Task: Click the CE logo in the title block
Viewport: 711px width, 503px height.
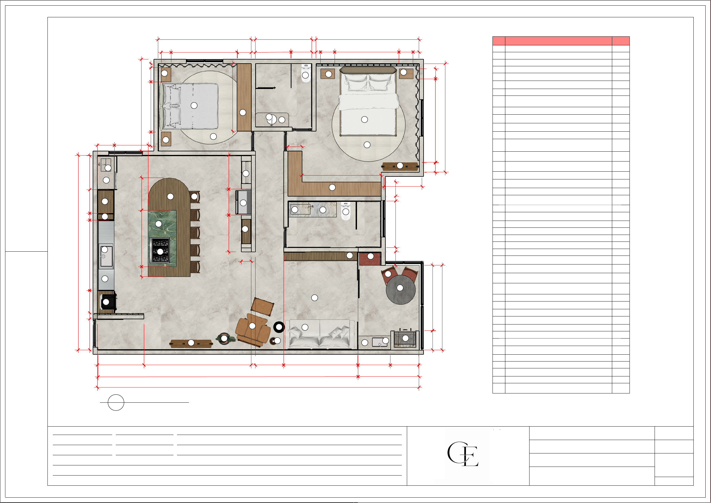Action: [463, 454]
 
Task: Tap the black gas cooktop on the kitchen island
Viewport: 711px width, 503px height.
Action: [160, 250]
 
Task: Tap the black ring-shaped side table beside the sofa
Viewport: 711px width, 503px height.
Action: [279, 327]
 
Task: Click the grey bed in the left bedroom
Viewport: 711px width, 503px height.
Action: [189, 106]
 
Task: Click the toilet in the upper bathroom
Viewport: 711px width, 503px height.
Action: [306, 73]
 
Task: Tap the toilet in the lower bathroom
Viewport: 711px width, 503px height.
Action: [346, 211]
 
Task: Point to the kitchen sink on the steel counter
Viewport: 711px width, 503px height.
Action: [106, 256]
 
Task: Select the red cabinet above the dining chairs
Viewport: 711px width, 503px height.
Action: [370, 259]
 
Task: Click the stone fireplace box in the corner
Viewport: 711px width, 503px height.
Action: [405, 339]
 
